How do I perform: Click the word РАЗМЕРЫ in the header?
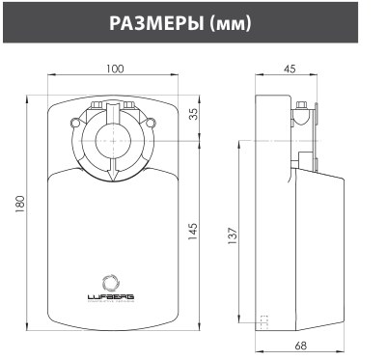click(156, 23)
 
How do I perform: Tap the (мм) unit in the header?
click(231, 24)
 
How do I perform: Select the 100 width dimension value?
click(115, 69)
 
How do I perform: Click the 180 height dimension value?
click(19, 205)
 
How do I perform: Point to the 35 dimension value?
click(193, 114)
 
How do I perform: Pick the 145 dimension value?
click(192, 231)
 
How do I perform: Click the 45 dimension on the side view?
click(290, 69)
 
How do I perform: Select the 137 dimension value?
click(233, 235)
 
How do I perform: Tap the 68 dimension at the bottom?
click(300, 346)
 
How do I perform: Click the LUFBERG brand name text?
click(111, 296)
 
